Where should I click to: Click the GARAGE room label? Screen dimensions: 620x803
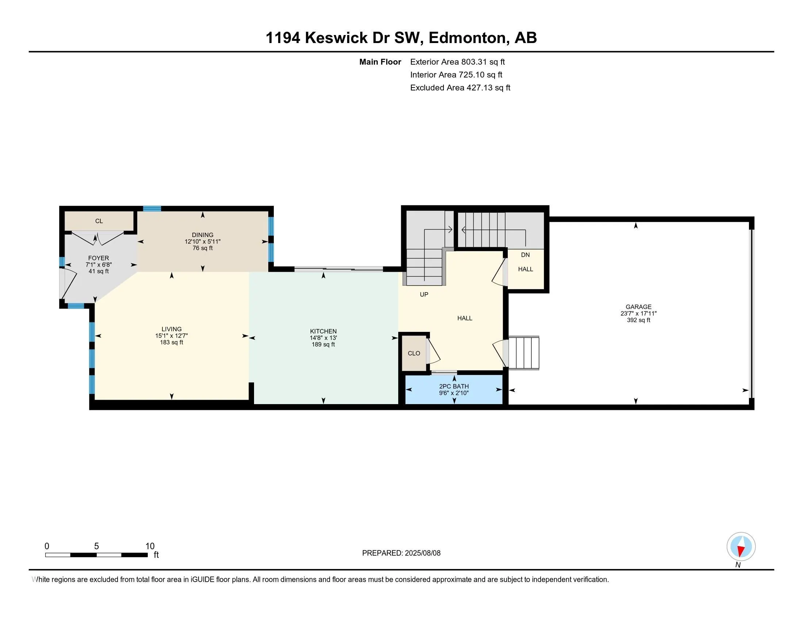[638, 307]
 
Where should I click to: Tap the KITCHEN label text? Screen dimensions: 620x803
[323, 331]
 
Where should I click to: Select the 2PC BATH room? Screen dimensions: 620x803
[454, 390]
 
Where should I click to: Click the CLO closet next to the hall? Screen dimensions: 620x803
[414, 353]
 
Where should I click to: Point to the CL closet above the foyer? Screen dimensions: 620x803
[99, 221]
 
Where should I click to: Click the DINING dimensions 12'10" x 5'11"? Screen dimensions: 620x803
[203, 242]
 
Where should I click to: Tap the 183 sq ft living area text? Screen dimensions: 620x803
[171, 342]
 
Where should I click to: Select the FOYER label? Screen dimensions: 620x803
[99, 258]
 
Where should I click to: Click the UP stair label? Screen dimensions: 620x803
[424, 294]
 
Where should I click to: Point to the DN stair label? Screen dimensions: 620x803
[525, 255]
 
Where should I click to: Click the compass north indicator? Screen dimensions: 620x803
[741, 547]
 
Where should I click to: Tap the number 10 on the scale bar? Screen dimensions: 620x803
[150, 546]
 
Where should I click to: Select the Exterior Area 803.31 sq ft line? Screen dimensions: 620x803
[457, 62]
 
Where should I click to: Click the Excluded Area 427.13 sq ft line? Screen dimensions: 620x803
[460, 88]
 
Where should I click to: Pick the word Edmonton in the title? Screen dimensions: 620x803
[467, 38]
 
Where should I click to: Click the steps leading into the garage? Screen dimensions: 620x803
[523, 353]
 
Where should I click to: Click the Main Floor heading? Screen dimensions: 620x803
[380, 62]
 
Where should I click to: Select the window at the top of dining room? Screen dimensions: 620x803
[152, 209]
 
